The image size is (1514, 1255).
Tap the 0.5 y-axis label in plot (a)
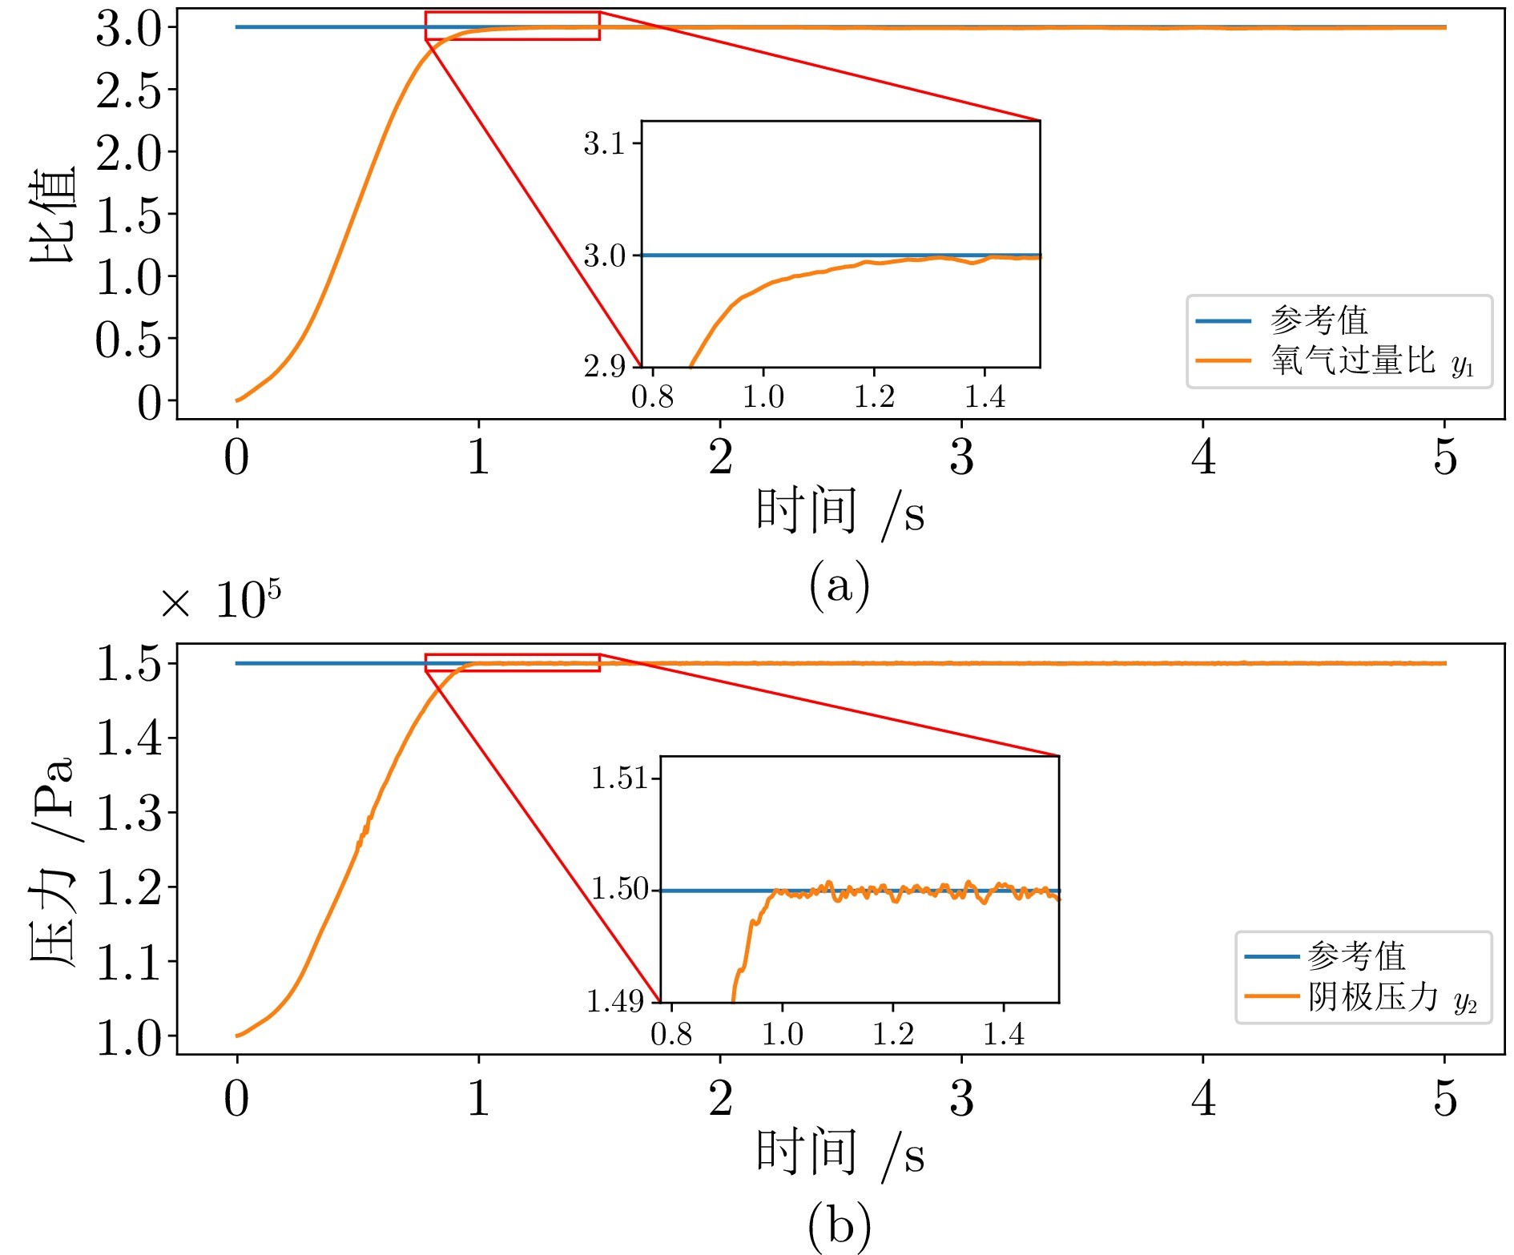click(x=128, y=340)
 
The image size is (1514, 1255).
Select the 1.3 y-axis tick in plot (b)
click(x=128, y=813)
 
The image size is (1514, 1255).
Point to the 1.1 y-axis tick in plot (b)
click(x=128, y=962)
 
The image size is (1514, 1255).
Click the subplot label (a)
click(x=839, y=585)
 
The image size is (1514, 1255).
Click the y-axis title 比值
click(x=53, y=215)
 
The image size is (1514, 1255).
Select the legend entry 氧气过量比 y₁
click(x=1371, y=362)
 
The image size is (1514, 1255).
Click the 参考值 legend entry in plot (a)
click(x=1319, y=321)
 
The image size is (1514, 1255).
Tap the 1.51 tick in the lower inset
click(x=618, y=778)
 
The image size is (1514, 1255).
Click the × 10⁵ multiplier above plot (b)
click(x=220, y=601)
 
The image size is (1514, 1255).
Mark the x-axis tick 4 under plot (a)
click(x=1203, y=457)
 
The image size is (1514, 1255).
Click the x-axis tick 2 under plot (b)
click(x=720, y=1099)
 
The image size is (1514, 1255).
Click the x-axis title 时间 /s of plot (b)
click(x=839, y=1154)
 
